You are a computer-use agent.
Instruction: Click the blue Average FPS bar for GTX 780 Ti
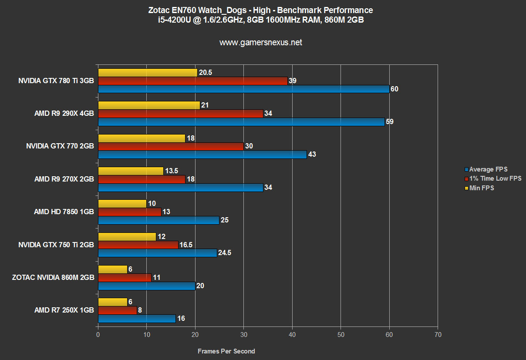[x=243, y=89]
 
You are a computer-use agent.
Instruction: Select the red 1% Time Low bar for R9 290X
[x=180, y=114]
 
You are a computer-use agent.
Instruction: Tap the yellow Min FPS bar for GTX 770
[x=142, y=138]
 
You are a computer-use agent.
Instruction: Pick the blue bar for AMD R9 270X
[x=180, y=188]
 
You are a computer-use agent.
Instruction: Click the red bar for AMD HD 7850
[x=129, y=212]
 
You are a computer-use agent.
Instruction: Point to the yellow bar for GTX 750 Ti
[x=127, y=236]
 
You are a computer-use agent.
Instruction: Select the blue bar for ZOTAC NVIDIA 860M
[x=146, y=286]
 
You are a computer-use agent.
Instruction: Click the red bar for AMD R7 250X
[x=117, y=310]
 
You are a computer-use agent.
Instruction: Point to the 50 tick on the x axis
[x=341, y=335]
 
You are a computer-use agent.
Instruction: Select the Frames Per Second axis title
[x=226, y=351]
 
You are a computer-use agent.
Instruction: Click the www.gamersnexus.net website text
[x=260, y=43]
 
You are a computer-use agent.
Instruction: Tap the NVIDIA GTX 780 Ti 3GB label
[x=56, y=81]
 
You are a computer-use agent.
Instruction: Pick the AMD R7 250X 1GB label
[x=64, y=310]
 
